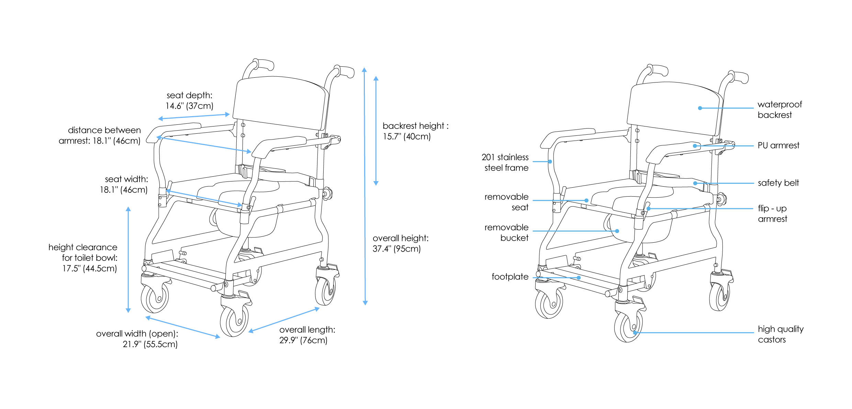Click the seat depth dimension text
coord(189,100)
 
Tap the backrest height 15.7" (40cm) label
coord(415,131)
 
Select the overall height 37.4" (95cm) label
coord(400,243)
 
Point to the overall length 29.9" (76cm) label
coord(307,335)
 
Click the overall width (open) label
coord(137,339)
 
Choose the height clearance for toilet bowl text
coord(83,258)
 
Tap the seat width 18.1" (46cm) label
coord(124,184)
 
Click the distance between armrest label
coord(100,135)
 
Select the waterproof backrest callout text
coord(779,110)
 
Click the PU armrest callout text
coord(778,145)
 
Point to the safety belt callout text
coord(778,183)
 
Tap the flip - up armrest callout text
coord(772,213)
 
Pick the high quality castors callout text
coord(780,334)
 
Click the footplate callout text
coord(510,277)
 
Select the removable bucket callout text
coord(506,233)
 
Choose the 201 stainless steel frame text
coord(505,163)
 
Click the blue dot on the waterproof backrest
coord(700,108)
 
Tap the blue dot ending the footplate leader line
coord(579,278)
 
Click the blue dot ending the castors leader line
coord(635,333)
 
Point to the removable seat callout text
coord(506,202)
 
